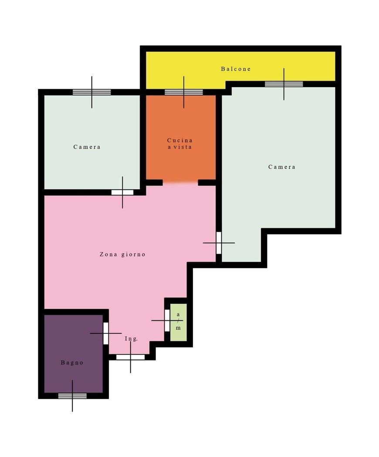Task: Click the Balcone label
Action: [x=236, y=69]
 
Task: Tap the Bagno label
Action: [x=72, y=363]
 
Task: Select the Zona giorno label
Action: [x=122, y=254]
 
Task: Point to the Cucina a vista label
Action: [x=180, y=144]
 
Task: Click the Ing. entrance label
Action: [x=131, y=339]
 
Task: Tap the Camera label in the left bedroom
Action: [x=87, y=147]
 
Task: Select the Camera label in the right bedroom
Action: [x=282, y=167]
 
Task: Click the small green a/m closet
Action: [x=178, y=322]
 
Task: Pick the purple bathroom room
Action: [x=74, y=353]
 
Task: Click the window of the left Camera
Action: [x=91, y=92]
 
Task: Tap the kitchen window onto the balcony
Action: [x=183, y=92]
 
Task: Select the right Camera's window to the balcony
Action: [x=284, y=84]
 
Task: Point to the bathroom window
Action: [x=72, y=396]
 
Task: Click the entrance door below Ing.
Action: [x=130, y=357]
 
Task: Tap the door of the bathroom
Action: [x=106, y=333]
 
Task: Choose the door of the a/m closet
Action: [x=167, y=320]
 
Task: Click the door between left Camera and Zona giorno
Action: [x=122, y=192]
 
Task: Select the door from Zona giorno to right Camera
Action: [x=219, y=243]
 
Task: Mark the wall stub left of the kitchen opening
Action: [x=154, y=183]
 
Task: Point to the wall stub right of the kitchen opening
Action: [x=207, y=183]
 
